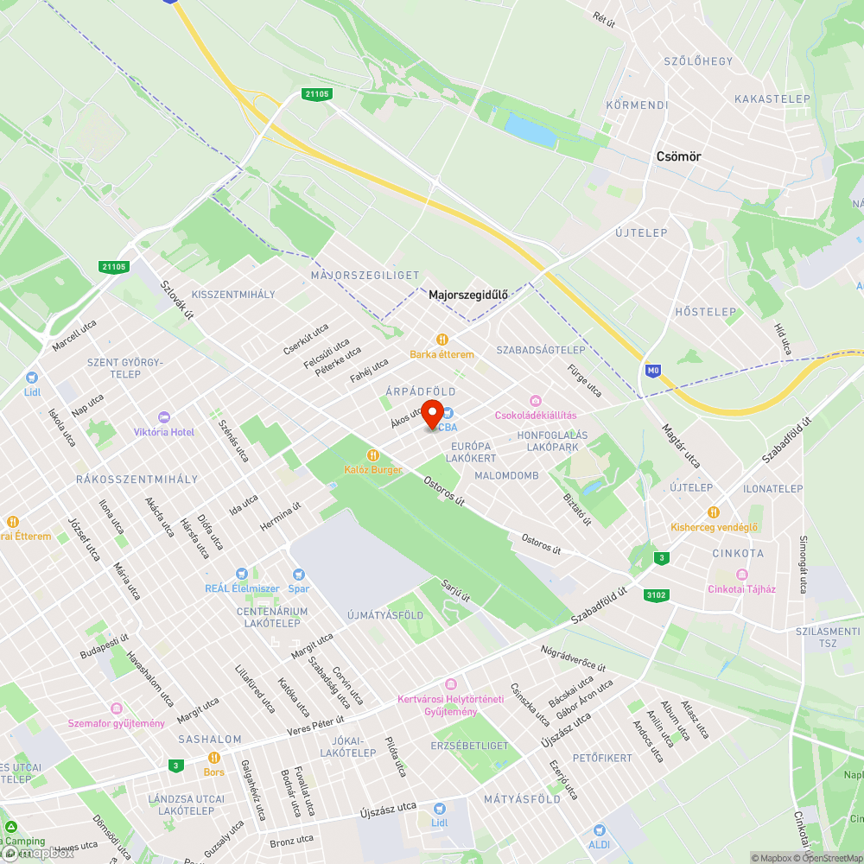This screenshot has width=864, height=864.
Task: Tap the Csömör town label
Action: click(678, 157)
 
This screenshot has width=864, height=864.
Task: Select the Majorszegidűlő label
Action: click(468, 295)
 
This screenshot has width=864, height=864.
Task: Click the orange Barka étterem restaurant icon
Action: click(442, 340)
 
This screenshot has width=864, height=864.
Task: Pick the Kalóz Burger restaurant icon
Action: click(373, 454)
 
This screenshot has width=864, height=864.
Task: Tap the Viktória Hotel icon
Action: click(163, 417)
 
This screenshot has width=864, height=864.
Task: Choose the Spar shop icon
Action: click(299, 574)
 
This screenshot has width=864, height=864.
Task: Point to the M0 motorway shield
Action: click(652, 371)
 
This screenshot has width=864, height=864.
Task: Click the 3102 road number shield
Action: click(657, 595)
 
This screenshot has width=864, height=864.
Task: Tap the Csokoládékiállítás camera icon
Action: click(536, 400)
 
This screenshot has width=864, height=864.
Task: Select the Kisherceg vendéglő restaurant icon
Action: click(713, 512)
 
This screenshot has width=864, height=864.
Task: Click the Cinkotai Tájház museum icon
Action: click(741, 575)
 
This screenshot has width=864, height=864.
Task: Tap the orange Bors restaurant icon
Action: click(213, 757)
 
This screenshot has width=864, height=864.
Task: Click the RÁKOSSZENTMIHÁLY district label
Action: click(137, 480)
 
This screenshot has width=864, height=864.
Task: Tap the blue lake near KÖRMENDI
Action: click(530, 130)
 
